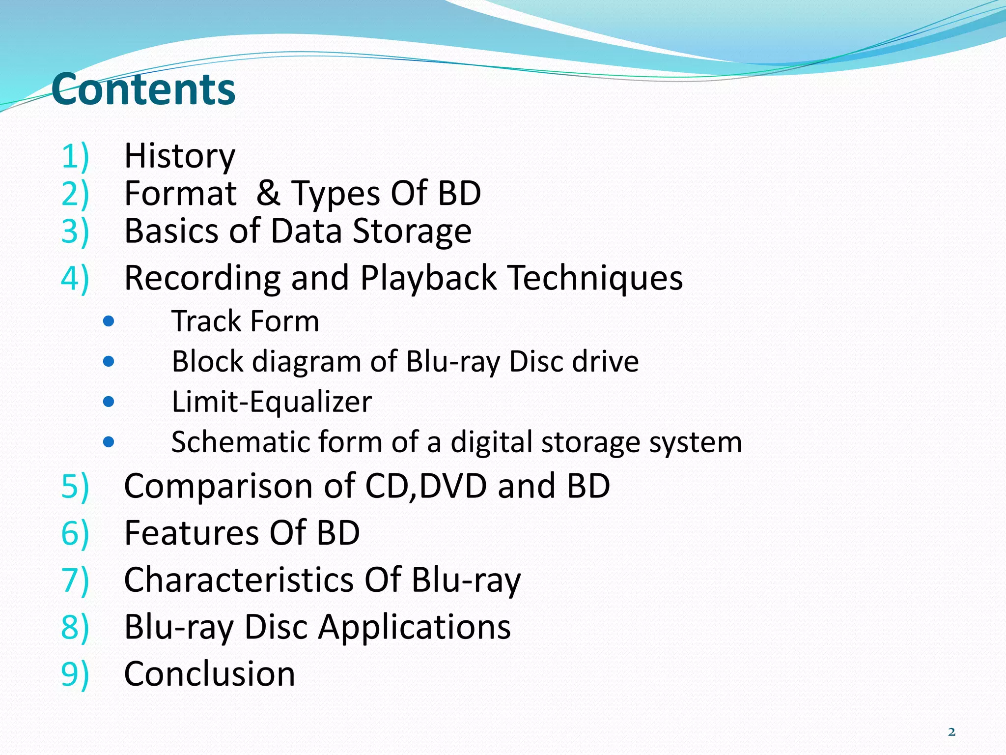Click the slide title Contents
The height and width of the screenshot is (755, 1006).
click(x=143, y=89)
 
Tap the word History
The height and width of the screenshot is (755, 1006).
click(x=180, y=156)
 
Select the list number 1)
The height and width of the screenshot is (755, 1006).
click(x=75, y=156)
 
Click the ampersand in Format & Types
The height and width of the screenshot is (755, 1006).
click(x=268, y=193)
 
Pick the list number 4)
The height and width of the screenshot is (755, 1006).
click(x=75, y=278)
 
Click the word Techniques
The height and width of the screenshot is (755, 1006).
click(x=595, y=278)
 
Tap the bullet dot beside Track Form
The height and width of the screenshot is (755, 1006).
click(x=109, y=322)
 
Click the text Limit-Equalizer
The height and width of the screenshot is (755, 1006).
click(x=272, y=402)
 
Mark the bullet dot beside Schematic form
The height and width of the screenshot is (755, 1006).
click(x=109, y=442)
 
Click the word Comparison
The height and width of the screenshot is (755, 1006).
click(x=219, y=486)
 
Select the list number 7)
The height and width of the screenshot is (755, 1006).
click(x=75, y=580)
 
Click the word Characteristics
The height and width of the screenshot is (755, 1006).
click(x=238, y=580)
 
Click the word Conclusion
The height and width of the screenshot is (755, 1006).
click(x=210, y=674)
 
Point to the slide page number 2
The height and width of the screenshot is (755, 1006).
click(x=951, y=732)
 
